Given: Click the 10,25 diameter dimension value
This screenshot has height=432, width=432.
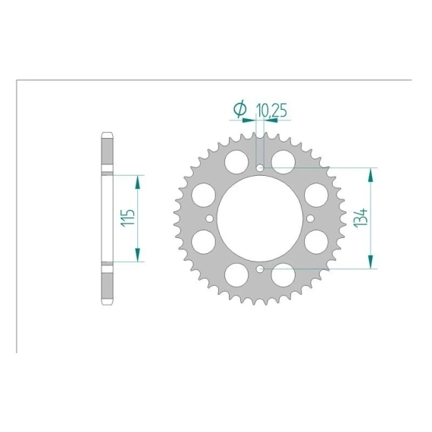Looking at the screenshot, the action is tap(271, 111).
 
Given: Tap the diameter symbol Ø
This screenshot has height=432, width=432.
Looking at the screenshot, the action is tap(240, 109).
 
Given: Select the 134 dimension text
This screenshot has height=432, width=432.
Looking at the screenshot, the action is tap(361, 218).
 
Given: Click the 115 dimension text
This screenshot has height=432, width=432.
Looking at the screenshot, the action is tap(128, 218).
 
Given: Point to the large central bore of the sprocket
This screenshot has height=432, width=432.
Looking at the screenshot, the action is tap(260, 218).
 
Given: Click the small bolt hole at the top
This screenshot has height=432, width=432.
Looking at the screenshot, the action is tap(260, 167).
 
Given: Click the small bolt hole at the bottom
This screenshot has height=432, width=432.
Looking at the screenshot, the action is tap(260, 269).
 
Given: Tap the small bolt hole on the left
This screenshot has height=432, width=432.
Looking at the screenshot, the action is tap(209, 218).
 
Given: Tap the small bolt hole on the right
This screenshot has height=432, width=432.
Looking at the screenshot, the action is tap(311, 218).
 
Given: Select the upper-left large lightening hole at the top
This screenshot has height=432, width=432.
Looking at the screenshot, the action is tap(236, 162).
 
